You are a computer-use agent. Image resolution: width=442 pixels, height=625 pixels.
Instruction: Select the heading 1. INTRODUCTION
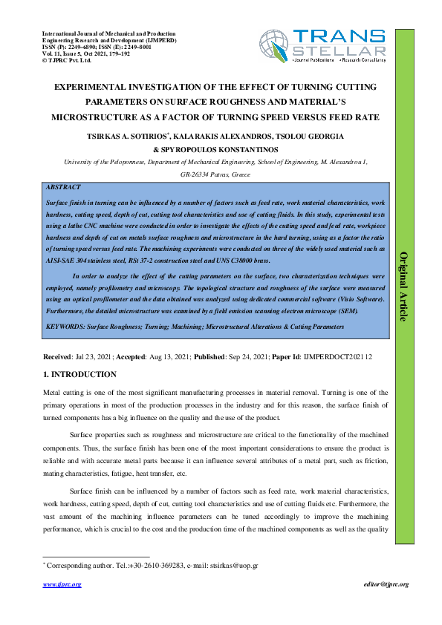coord(79,374)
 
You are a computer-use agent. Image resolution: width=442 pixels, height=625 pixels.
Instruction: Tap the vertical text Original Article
coord(405,287)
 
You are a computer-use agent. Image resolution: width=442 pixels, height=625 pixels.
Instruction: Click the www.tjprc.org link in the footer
coord(62,584)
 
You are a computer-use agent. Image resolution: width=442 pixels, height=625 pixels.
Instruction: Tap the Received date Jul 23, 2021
coord(94,357)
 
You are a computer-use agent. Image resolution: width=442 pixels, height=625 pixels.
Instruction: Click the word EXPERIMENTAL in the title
coord(97,88)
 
